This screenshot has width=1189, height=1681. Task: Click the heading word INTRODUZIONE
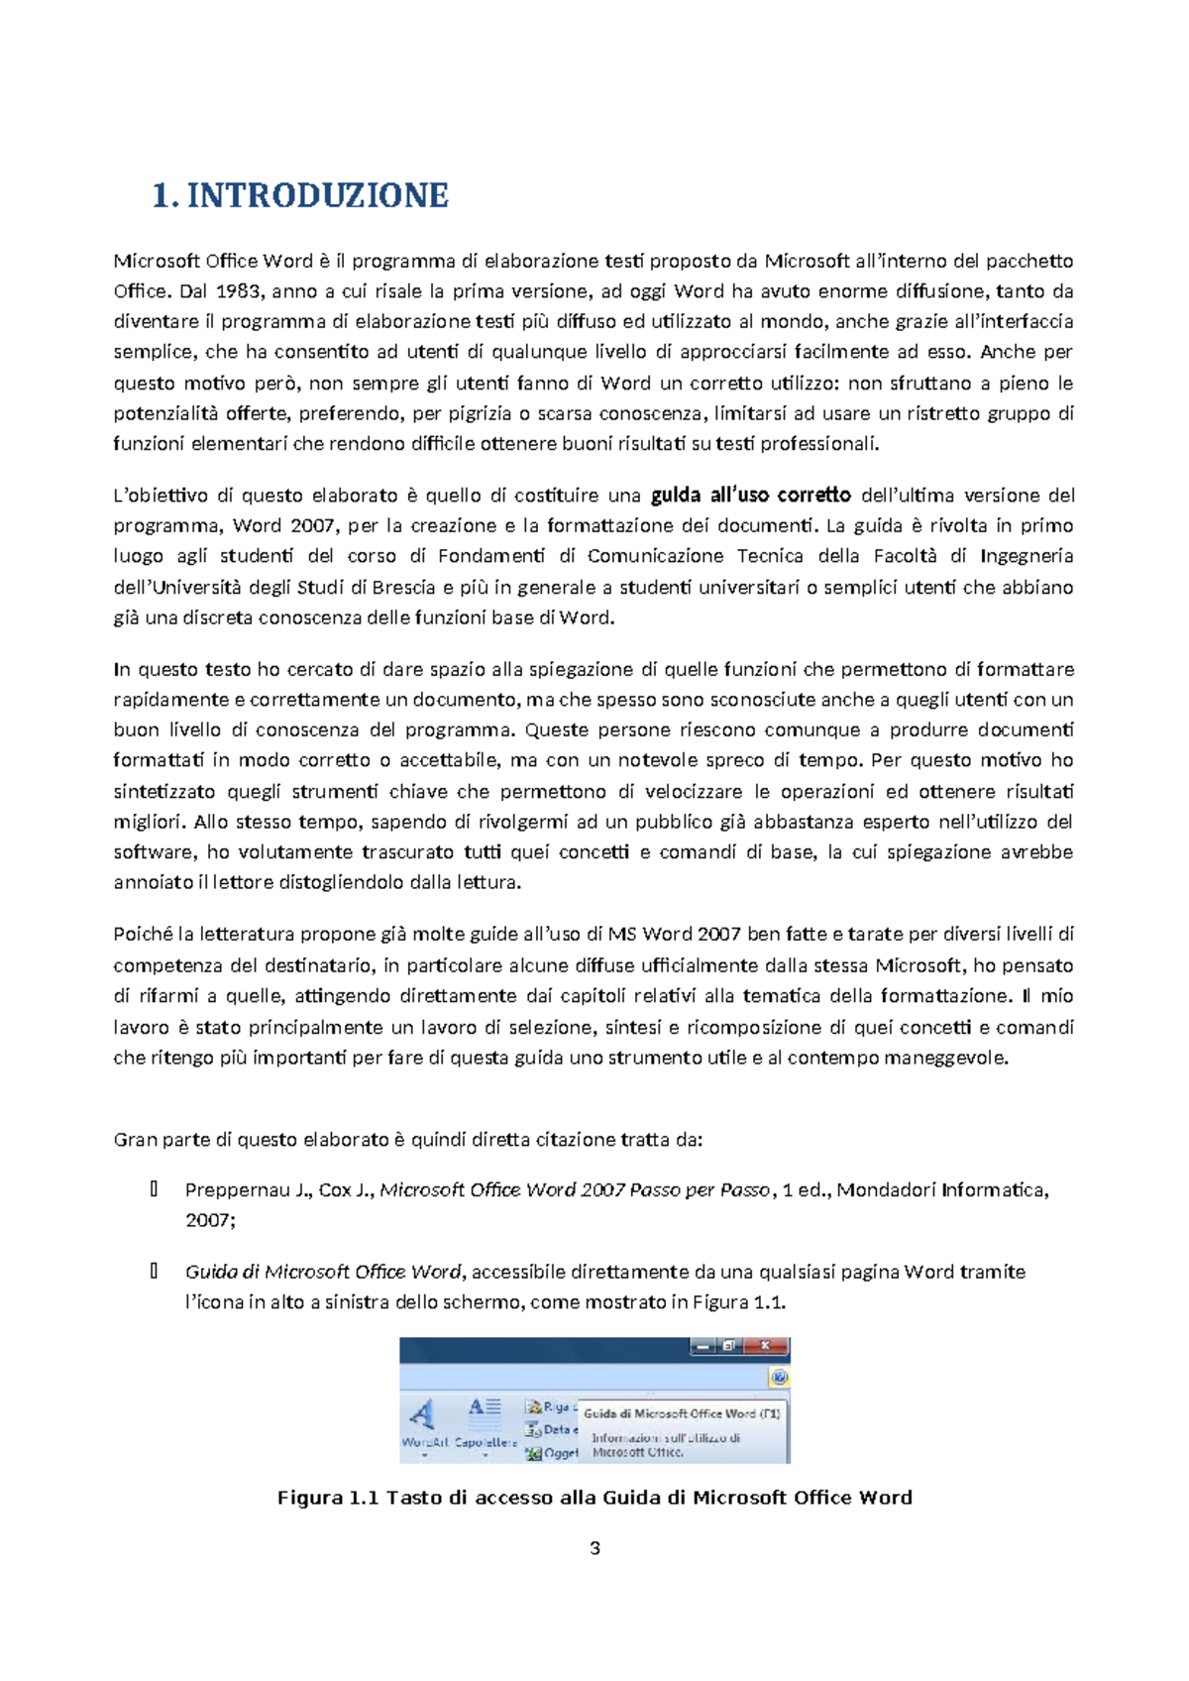click(317, 195)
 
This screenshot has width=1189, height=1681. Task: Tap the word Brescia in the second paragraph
click(404, 587)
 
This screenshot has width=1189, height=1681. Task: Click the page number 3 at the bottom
click(594, 1548)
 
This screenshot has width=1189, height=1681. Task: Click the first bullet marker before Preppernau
click(154, 1189)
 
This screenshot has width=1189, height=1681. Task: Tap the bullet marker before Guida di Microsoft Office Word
click(154, 1271)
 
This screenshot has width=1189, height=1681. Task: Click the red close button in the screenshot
click(765, 1346)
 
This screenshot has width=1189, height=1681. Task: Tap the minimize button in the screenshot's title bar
click(703, 1346)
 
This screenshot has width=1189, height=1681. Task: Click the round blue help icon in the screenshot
click(779, 1378)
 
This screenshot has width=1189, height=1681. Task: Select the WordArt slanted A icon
click(423, 1414)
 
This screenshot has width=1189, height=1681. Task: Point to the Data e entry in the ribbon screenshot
click(553, 1430)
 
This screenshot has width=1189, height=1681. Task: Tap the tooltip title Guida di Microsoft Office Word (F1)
click(682, 1413)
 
